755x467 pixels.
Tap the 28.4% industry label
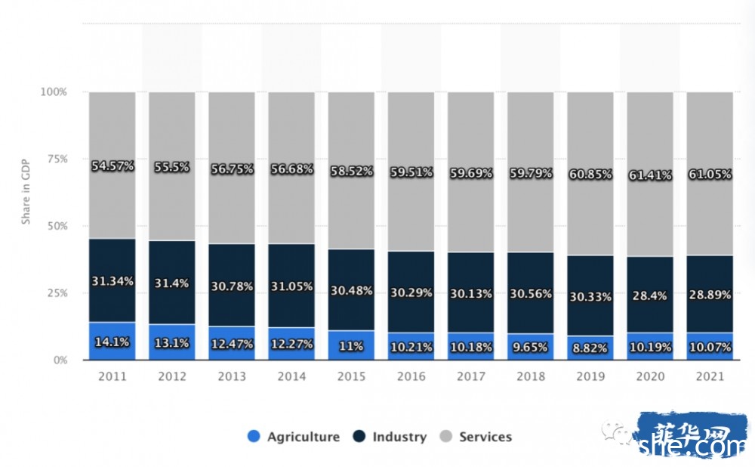tap(650, 295)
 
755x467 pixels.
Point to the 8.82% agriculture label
tap(590, 348)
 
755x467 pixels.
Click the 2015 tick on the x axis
tap(350, 376)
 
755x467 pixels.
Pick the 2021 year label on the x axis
tap(709, 376)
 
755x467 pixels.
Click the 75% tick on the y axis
tap(54, 159)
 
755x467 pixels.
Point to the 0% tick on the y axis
tap(59, 360)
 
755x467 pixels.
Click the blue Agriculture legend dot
tap(254, 436)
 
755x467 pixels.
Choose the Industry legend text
tap(399, 437)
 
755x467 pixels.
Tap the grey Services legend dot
tap(445, 436)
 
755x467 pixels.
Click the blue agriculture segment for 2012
tap(172, 349)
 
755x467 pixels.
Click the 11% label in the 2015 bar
tap(350, 346)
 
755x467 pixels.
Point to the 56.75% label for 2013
tap(232, 169)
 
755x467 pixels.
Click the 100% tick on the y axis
tap(52, 92)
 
